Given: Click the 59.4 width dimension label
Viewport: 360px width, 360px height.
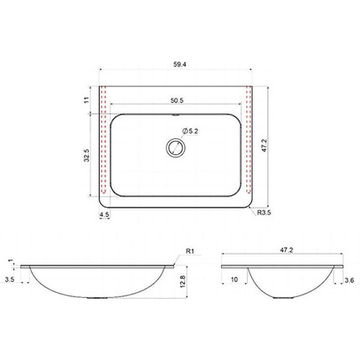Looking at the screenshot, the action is click(x=179, y=64).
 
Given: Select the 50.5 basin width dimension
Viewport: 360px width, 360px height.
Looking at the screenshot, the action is click(x=177, y=100).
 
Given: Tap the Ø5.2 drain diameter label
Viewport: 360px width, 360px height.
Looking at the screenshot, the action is click(x=190, y=131).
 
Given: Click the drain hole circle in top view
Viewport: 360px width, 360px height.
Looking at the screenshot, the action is click(x=176, y=147).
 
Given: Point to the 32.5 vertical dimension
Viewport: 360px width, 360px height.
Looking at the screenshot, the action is click(x=87, y=155).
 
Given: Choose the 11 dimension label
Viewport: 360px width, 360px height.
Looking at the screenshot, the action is click(x=86, y=100).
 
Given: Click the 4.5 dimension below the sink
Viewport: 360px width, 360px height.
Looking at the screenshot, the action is click(x=104, y=214).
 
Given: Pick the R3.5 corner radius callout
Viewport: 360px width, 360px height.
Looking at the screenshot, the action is click(x=264, y=213).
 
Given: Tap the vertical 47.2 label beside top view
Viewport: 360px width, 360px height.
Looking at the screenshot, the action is click(x=265, y=146).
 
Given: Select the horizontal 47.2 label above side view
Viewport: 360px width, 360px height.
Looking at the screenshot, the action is click(x=286, y=250).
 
